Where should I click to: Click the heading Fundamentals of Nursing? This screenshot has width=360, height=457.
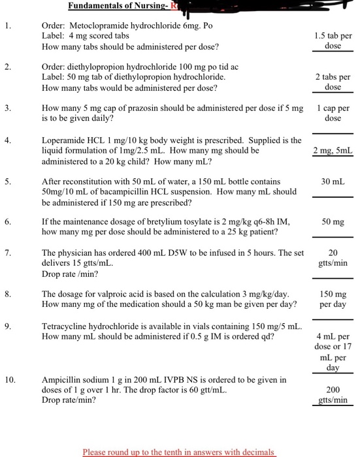[x=117, y=7]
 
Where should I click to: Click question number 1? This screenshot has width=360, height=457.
[x=6, y=27]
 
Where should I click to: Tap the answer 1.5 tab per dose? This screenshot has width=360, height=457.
[x=333, y=41]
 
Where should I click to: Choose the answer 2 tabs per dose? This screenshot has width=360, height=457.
[x=333, y=82]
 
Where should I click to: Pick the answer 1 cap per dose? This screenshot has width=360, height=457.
[x=333, y=113]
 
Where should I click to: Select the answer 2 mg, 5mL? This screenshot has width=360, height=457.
[x=333, y=151]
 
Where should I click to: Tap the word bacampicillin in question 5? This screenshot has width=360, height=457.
[x=120, y=192]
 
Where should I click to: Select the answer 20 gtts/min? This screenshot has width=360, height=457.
[x=333, y=258]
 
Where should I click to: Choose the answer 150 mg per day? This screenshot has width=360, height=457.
[x=333, y=299]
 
